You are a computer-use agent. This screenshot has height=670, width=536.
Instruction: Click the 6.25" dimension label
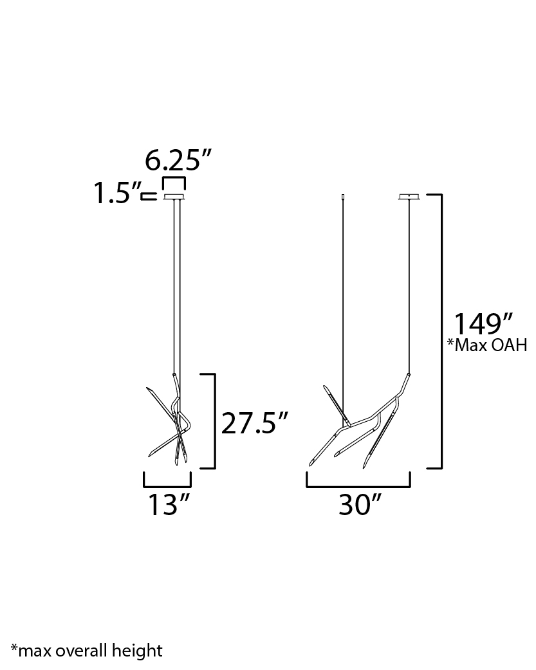178,161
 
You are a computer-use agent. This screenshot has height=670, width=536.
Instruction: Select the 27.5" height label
255,424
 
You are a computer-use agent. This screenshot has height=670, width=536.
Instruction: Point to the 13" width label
169,505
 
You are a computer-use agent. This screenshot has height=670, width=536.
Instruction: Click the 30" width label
360,505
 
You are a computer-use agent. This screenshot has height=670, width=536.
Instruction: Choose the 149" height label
483,324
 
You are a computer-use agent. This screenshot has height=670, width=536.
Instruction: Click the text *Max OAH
487,345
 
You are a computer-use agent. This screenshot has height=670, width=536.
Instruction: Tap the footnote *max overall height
86,650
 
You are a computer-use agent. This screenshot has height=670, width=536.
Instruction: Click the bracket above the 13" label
167,486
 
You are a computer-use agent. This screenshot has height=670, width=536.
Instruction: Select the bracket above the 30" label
358,486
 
